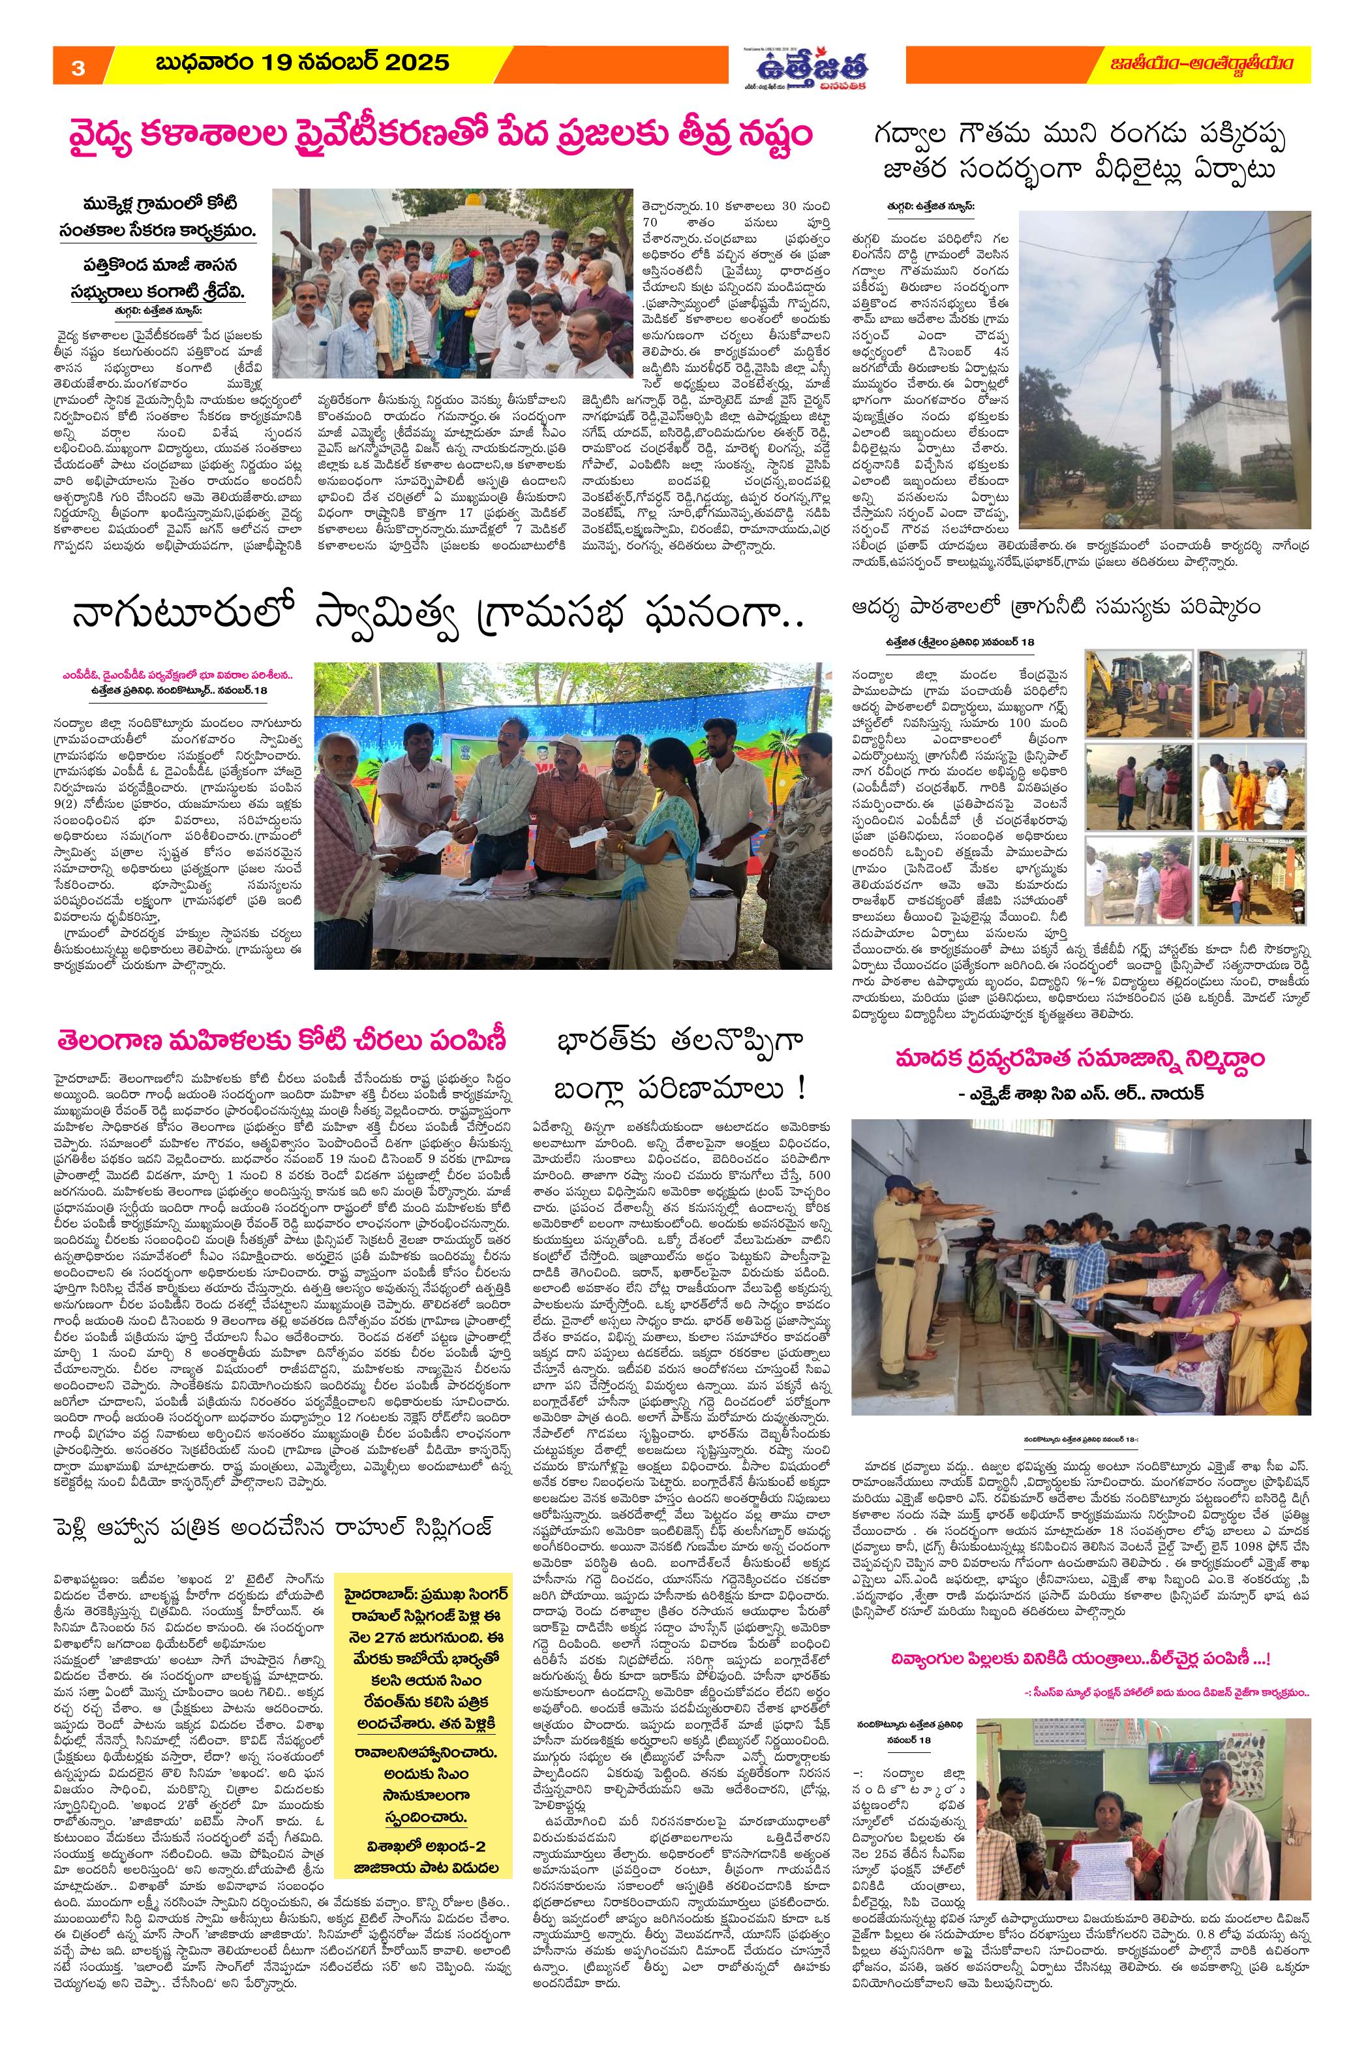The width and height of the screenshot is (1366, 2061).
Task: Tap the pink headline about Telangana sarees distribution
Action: (283, 1042)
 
